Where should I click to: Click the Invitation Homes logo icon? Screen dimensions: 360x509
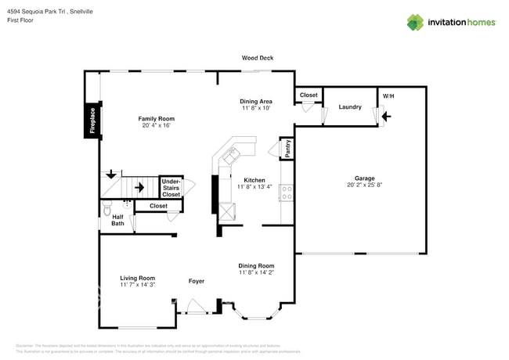[x=414, y=22]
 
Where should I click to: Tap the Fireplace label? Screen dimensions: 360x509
[x=92, y=121]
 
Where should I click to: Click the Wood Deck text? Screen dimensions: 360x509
[x=257, y=58]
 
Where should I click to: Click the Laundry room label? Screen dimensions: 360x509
[x=349, y=106]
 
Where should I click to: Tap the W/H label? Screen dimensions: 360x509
[x=387, y=96]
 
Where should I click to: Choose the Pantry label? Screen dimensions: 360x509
[x=287, y=149]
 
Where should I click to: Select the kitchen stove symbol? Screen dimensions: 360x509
[x=287, y=189]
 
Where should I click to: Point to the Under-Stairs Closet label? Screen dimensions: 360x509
[x=171, y=188]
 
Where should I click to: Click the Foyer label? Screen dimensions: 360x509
[x=197, y=280]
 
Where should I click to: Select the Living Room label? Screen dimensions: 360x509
[x=137, y=278]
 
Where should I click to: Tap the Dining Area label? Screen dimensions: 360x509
[x=255, y=101]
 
